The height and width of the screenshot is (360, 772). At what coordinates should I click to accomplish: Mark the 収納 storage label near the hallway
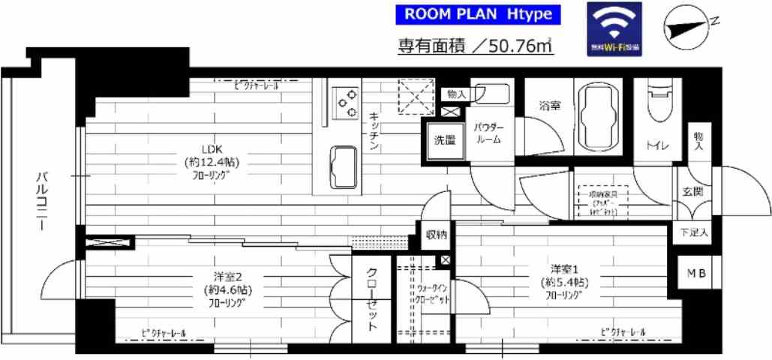tap(436, 235)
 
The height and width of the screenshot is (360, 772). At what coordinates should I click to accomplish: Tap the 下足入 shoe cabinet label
tap(694, 233)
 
